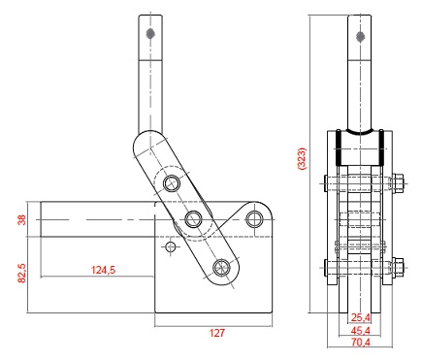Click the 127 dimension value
point(216,333)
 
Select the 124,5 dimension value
point(103,270)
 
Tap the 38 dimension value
point(21,220)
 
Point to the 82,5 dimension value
point(21,273)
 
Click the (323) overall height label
point(301,158)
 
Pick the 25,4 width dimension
point(361,318)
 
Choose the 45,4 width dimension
point(361,331)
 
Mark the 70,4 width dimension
point(361,343)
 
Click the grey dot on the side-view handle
point(150,33)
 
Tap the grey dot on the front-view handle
point(360,37)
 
